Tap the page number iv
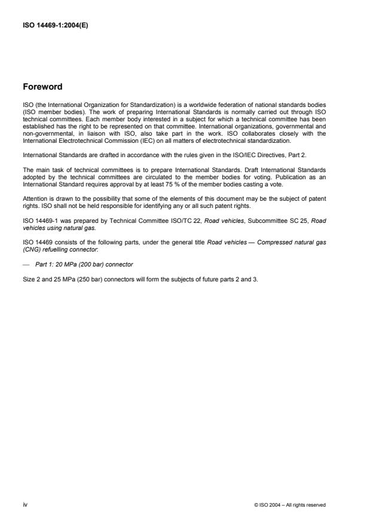pyautogui.click(x=25, y=504)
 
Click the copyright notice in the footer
pyautogui.click(x=290, y=505)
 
